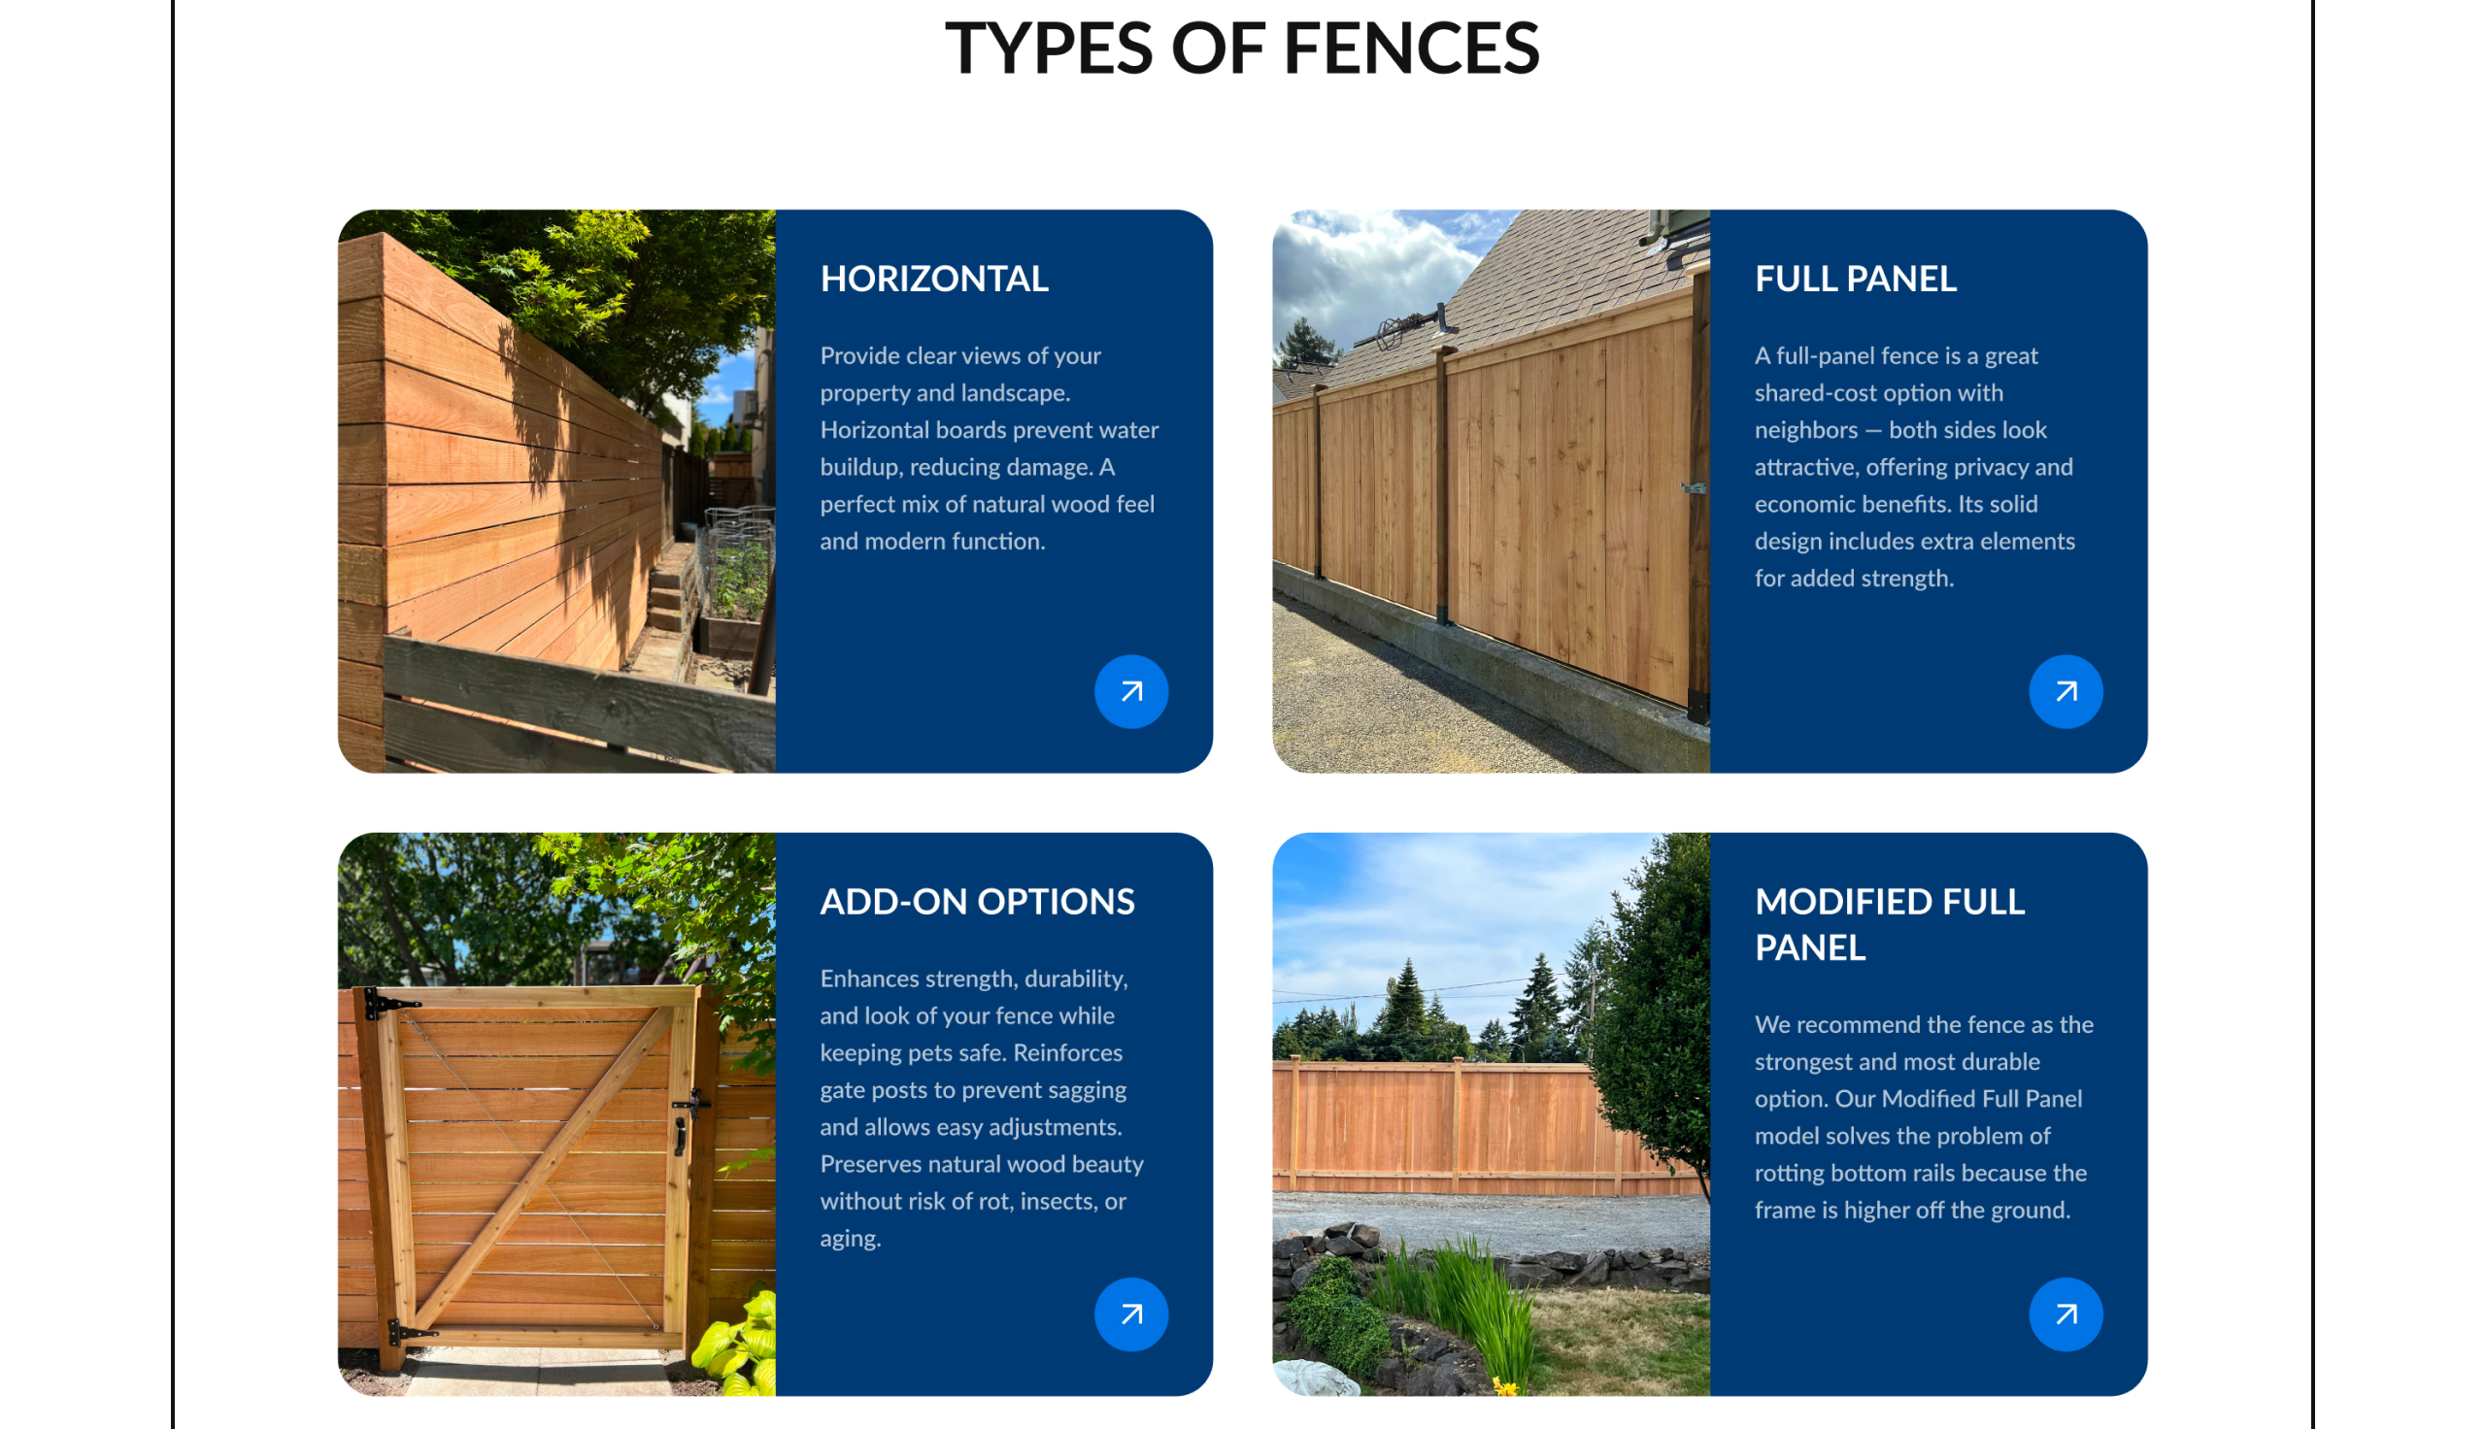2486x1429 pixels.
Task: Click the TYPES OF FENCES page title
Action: [1241, 48]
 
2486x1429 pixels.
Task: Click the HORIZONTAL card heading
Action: [933, 279]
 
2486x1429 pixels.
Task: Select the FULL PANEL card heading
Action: [1855, 279]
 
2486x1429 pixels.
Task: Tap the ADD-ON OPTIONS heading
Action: [977, 901]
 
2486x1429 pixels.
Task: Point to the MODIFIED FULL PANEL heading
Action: [1890, 923]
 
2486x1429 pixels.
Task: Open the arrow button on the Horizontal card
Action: [1130, 691]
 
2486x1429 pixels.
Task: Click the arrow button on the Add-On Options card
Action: [1130, 1314]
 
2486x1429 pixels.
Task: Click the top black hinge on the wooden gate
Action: [388, 1003]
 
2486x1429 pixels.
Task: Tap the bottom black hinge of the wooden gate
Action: [408, 1332]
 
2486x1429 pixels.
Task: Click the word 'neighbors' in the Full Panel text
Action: [1806, 430]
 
